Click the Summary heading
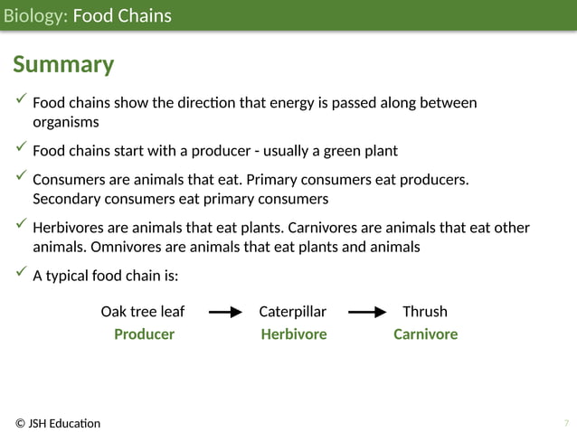point(63,65)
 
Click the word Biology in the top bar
point(33,15)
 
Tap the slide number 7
point(566,423)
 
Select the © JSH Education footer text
point(58,423)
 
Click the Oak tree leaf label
point(142,312)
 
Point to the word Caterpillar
point(292,312)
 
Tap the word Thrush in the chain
point(424,312)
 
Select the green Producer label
point(144,334)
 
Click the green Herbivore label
point(294,334)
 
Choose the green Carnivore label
point(425,334)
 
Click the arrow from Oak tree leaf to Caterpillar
point(225,313)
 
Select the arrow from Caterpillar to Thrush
point(367,313)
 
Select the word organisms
point(66,122)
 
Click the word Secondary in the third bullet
point(66,199)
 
